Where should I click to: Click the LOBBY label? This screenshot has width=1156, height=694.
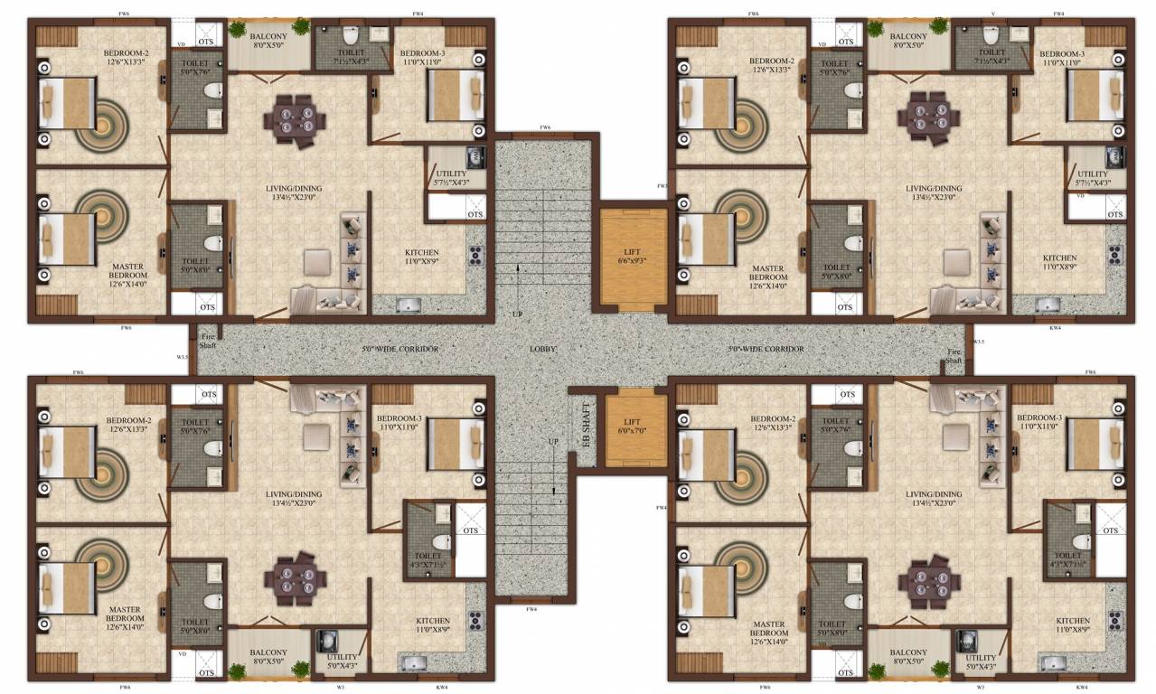[543, 348]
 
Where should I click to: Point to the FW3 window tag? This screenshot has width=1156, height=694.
[662, 186]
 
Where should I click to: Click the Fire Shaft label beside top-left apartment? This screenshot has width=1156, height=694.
[208, 340]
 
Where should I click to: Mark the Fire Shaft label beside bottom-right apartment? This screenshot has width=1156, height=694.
[954, 355]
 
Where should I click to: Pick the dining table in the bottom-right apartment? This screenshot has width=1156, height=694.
[928, 577]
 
